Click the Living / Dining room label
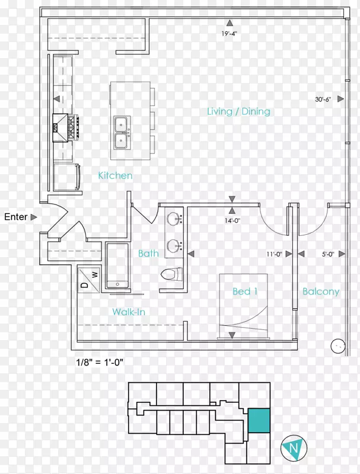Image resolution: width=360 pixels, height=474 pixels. coord(238,111)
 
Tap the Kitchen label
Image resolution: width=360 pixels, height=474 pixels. coord(115,175)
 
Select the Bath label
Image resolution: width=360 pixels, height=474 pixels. coord(148,254)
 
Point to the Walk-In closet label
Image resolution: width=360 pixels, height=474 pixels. coord(129,312)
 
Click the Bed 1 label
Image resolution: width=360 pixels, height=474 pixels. coord(245,292)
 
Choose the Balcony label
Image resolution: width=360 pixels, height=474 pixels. coord(321,292)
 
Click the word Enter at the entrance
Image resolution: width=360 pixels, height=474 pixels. coord(16,217)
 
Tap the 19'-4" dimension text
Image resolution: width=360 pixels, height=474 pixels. coord(230,33)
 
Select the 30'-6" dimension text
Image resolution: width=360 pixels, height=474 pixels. coord(323,99)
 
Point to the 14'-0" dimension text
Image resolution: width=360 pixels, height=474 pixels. coord(232,220)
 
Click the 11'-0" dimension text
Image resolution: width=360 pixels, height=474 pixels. coord(274,254)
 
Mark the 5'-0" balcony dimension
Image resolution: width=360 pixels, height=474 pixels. coord(328,254)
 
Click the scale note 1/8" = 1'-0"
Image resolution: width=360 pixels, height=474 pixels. coord(100,362)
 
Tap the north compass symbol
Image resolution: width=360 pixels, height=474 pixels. coord(294,448)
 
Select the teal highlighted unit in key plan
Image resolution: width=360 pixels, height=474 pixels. coord(259,421)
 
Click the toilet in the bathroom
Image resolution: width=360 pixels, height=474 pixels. coord(171,274)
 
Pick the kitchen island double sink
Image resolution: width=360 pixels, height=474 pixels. coord(122,133)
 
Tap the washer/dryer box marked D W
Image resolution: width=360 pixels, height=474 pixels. coord(88,279)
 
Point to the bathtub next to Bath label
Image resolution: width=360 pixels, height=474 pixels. coord(117,265)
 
